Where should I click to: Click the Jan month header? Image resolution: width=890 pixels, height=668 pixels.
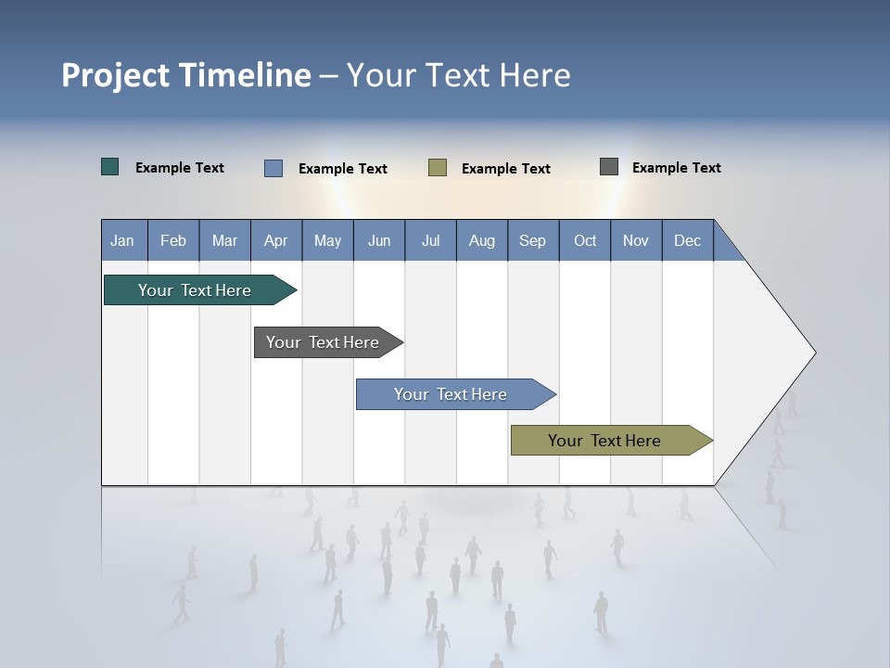[x=123, y=240]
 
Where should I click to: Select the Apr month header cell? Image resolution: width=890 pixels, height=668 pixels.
[x=276, y=240]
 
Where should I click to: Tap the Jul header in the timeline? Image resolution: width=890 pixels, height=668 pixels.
[x=430, y=240]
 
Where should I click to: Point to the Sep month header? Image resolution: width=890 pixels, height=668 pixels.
[x=533, y=240]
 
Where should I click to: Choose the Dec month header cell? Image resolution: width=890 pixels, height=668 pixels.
[x=687, y=240]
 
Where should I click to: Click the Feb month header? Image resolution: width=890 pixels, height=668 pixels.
[x=173, y=240]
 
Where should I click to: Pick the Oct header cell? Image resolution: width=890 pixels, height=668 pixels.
[x=585, y=240]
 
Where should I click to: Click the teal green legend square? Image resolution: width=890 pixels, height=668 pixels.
[x=110, y=167]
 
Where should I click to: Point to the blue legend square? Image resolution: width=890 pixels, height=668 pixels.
[x=273, y=168]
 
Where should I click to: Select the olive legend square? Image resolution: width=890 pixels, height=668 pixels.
[x=438, y=168]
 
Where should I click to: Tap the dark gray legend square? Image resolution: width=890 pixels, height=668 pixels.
[x=609, y=167]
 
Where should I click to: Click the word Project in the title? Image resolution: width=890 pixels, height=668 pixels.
[x=115, y=75]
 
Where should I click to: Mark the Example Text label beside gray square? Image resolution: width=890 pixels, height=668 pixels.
[x=676, y=168]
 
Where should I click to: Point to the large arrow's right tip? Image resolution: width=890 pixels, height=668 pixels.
[x=813, y=353]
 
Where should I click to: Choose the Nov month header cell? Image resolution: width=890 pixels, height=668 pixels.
[x=636, y=240]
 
